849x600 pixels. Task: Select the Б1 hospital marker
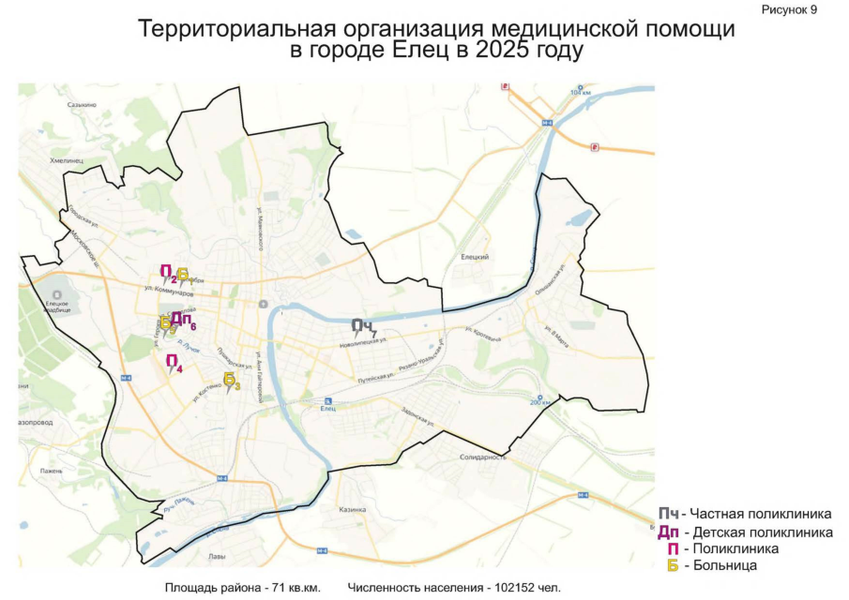(183, 275)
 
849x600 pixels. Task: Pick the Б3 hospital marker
(231, 380)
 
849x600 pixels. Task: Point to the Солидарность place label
(483, 457)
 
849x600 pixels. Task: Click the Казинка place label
(352, 509)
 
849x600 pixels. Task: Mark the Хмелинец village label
(67, 160)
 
